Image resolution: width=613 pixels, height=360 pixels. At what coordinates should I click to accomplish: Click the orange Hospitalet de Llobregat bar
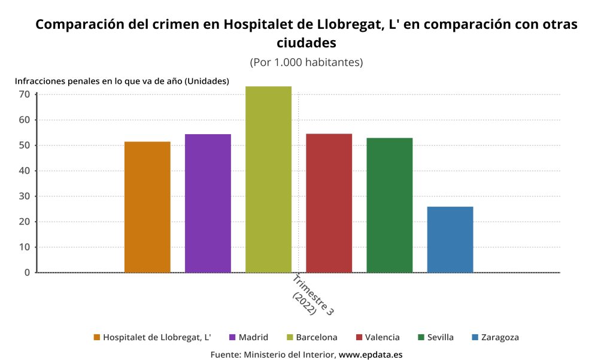(147, 207)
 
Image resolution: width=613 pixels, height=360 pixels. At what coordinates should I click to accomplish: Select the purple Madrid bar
(208, 203)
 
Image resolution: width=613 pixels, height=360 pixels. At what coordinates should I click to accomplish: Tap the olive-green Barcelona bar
(268, 179)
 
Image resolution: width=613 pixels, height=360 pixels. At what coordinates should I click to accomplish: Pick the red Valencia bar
(329, 203)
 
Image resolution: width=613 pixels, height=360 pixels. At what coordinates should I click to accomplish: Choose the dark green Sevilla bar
(389, 205)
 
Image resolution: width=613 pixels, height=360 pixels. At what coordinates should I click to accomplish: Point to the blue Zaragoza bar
(450, 239)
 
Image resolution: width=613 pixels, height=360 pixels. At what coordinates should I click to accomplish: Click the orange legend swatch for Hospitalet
(97, 337)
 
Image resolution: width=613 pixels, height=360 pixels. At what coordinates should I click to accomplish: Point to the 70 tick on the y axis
(25, 94)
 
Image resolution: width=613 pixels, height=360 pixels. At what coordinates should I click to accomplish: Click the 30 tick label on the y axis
(25, 196)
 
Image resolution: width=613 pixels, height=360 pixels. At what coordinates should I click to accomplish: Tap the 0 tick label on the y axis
(27, 273)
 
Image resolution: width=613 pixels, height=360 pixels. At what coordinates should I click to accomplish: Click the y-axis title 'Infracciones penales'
(122, 81)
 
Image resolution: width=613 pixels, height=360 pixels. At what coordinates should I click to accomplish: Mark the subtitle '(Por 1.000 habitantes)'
(306, 62)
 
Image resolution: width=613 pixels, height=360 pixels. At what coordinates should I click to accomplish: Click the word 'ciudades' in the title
(306, 43)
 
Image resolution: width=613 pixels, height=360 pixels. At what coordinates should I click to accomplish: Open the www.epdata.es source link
(371, 354)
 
